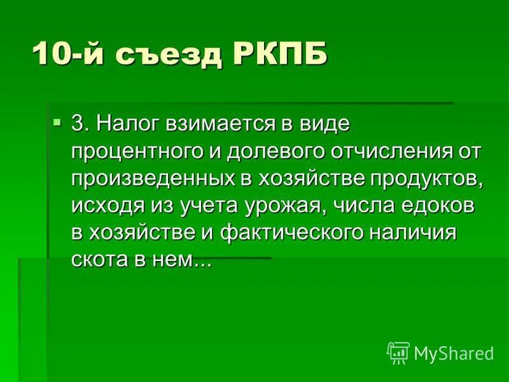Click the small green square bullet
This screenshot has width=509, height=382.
58,121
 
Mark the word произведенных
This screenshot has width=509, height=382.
151,179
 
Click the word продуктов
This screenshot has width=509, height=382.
425,179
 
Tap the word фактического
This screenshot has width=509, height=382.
292,233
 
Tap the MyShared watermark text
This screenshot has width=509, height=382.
454,352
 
